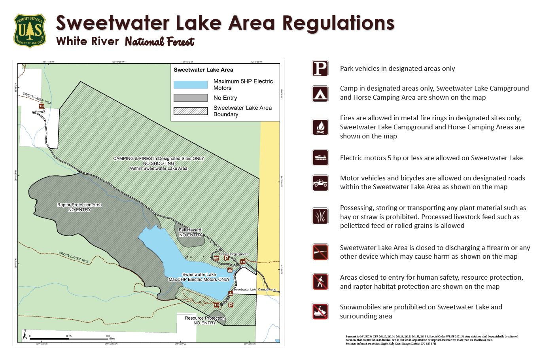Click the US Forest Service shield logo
pyautogui.click(x=30, y=30)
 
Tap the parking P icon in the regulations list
pyautogui.click(x=320, y=68)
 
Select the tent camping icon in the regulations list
pyautogui.click(x=320, y=93)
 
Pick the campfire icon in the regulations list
pyautogui.click(x=320, y=127)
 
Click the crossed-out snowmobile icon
pyautogui.click(x=320, y=311)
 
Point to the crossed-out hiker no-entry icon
pyautogui.click(x=320, y=282)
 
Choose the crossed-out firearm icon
pyautogui.click(x=320, y=252)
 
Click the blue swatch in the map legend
pyautogui.click(x=191, y=85)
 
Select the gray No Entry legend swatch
pyautogui.click(x=191, y=98)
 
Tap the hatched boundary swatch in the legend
pyautogui.click(x=191, y=111)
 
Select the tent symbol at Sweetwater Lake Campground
pyautogui.click(x=231, y=294)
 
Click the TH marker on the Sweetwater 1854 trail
pyautogui.click(x=41, y=106)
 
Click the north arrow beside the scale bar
pyautogui.click(x=25, y=336)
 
